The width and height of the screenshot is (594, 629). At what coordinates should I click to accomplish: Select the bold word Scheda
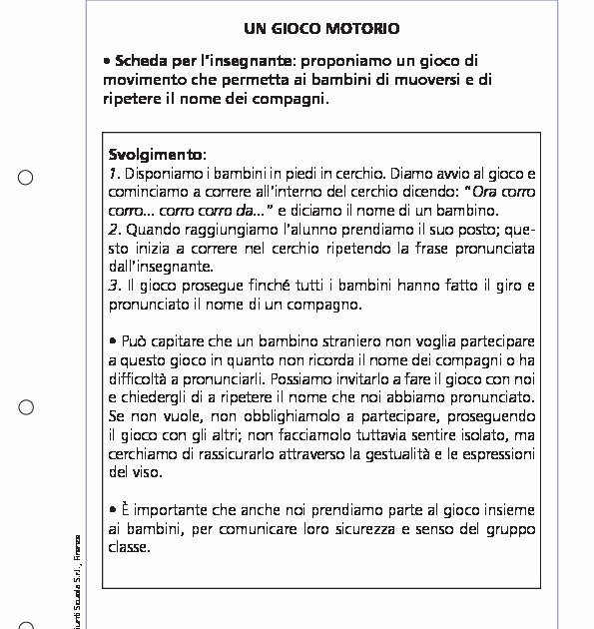[x=142, y=61]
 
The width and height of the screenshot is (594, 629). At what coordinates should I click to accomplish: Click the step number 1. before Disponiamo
[x=114, y=173]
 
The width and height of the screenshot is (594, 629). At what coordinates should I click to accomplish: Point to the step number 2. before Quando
[x=114, y=229]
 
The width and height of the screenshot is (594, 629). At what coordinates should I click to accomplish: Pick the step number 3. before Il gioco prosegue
[x=114, y=286]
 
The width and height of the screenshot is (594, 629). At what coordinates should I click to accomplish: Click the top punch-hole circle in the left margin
[x=26, y=178]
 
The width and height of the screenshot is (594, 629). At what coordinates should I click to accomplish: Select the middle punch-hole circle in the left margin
[x=26, y=407]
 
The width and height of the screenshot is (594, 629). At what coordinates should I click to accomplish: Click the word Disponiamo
[x=162, y=173]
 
